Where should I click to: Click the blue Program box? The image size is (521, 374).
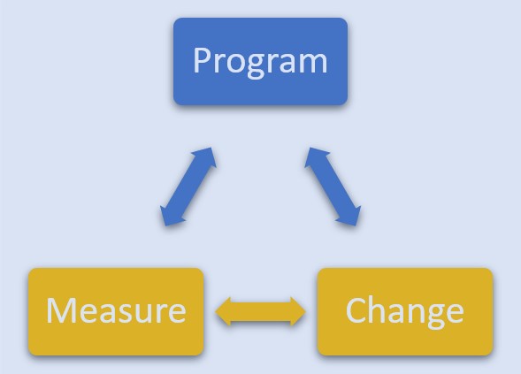pyautogui.click(x=260, y=61)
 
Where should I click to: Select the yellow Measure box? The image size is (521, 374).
pyautogui.click(x=116, y=311)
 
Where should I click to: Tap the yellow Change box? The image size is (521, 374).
pyautogui.click(x=405, y=311)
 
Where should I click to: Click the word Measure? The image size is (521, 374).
pyautogui.click(x=116, y=310)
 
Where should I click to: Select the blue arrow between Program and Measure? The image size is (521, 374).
pyautogui.click(x=188, y=187)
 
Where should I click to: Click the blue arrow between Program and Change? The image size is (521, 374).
pyautogui.click(x=333, y=187)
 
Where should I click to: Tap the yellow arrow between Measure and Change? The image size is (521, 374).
pyautogui.click(x=260, y=311)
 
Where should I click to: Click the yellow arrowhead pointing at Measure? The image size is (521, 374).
pyautogui.click(x=223, y=311)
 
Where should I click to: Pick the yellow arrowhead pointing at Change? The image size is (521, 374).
pyautogui.click(x=298, y=311)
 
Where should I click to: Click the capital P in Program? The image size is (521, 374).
pyautogui.click(x=203, y=60)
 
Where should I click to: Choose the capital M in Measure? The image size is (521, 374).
pyautogui.click(x=61, y=309)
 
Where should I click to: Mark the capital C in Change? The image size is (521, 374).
pyautogui.click(x=356, y=309)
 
